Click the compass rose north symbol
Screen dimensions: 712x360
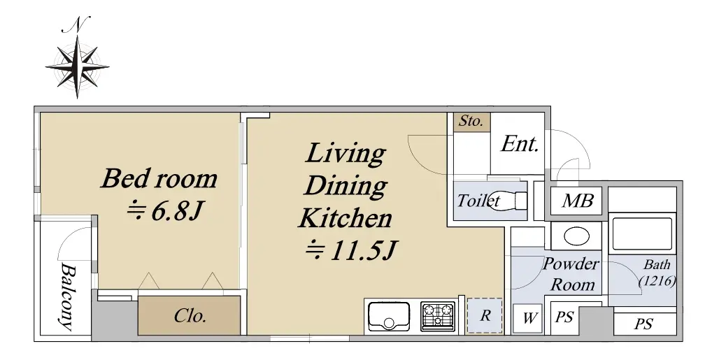(77, 59)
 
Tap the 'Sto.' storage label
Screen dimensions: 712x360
(471, 121)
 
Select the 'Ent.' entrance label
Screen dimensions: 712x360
(520, 144)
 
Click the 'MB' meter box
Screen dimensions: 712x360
(577, 200)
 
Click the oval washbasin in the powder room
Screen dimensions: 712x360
(577, 236)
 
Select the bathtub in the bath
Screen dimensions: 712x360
(642, 234)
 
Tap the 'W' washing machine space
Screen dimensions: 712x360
(529, 318)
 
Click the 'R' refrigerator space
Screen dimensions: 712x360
(485, 315)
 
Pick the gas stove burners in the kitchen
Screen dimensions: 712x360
(438, 316)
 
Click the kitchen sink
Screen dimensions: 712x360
(389, 316)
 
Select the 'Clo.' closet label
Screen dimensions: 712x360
(190, 315)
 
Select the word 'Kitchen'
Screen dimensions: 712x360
(345, 218)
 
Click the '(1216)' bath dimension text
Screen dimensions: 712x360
(657, 282)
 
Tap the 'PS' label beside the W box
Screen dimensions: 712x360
(564, 317)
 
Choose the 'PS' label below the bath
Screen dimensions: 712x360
(643, 324)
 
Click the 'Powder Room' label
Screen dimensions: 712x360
(571, 274)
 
